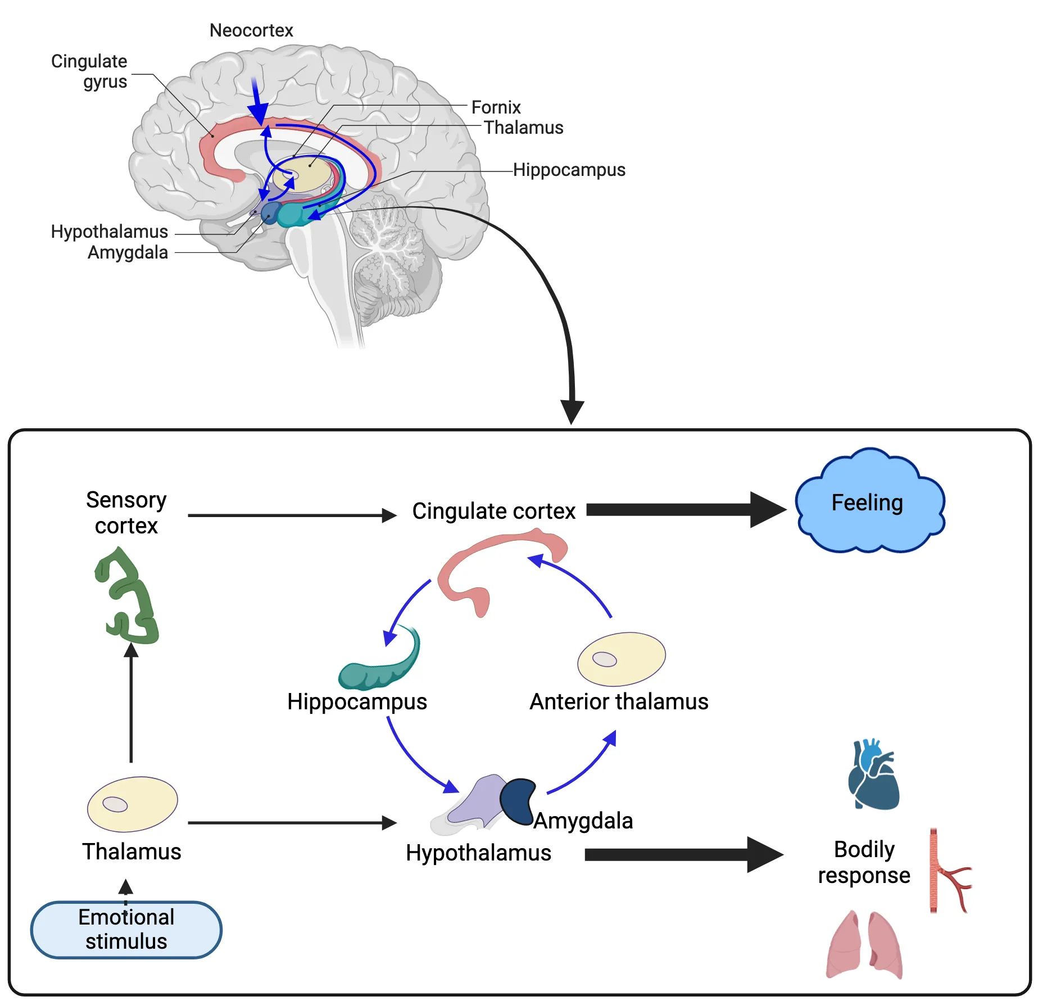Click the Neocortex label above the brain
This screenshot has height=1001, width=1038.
[251, 30]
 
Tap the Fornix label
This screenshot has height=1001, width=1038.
[496, 107]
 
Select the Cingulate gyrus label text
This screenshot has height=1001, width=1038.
[90, 71]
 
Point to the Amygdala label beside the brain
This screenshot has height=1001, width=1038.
[128, 252]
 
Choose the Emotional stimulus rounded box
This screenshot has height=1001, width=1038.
[126, 929]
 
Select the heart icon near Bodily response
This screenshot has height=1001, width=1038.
[874, 775]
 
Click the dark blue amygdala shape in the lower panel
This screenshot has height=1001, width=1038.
[518, 800]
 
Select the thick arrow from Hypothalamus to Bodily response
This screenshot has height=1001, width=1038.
[682, 854]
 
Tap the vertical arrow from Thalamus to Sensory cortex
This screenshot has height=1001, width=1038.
[131, 703]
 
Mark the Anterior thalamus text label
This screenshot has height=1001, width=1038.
[618, 701]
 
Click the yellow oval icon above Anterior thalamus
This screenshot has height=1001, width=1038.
[622, 659]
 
